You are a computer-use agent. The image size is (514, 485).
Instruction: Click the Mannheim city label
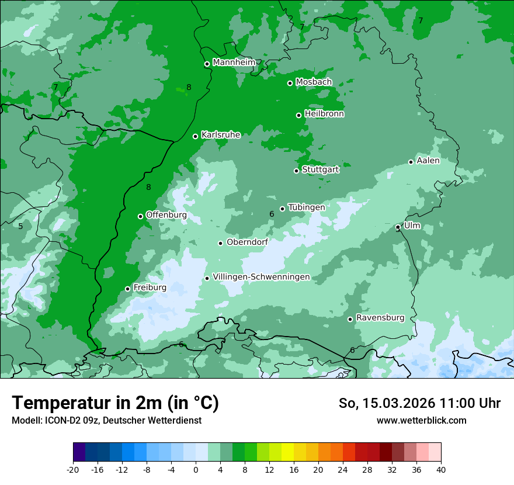point(234,63)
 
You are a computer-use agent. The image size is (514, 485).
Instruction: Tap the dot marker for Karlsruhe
point(196,136)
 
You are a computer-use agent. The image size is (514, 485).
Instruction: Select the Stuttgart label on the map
point(320,169)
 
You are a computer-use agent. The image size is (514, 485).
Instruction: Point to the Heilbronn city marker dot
point(298,115)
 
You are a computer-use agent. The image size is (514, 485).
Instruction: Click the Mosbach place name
point(314,82)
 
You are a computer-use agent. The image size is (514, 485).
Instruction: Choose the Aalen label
point(428,161)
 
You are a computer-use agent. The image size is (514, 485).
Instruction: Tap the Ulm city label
point(412,226)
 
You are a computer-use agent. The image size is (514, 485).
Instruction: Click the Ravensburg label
point(380,318)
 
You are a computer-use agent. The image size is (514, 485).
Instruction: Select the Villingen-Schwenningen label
point(261,277)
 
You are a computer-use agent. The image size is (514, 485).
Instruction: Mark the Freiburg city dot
point(127,289)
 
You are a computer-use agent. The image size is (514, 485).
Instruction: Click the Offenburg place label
point(166,215)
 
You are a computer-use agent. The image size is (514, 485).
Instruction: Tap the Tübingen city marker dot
point(282,209)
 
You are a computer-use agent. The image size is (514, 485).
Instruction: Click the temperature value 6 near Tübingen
point(272,214)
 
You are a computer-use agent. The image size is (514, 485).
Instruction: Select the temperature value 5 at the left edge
point(20,226)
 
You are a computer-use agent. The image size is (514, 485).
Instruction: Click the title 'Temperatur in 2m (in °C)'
point(115,403)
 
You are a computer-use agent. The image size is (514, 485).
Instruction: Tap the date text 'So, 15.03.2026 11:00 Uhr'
point(419,403)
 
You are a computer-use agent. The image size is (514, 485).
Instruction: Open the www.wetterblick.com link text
point(421,420)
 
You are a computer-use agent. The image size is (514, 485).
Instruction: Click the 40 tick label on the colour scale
point(440,469)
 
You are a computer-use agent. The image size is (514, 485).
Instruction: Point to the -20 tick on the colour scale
point(73,469)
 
